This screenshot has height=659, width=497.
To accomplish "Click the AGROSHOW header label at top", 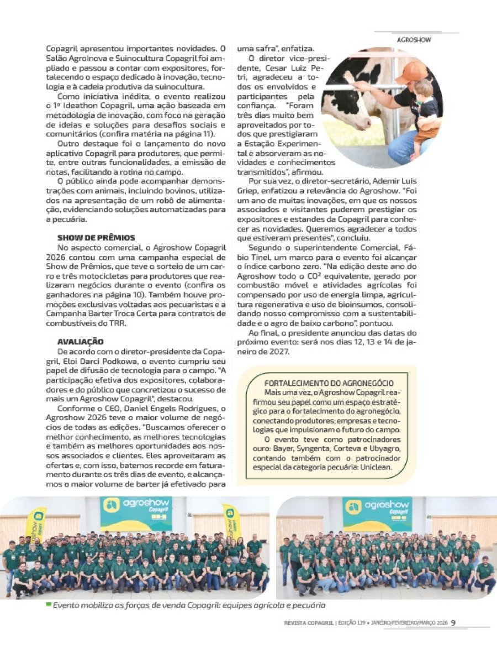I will (414, 40).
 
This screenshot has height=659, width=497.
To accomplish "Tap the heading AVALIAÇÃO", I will (80, 342).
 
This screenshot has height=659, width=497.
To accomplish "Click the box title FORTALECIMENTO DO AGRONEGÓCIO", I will (329, 383).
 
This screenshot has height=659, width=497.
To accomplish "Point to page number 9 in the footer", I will (453, 622).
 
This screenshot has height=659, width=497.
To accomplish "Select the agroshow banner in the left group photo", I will (136, 513).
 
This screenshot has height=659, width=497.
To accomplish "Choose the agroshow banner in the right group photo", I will (377, 513).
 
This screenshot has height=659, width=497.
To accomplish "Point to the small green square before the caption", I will (49, 604).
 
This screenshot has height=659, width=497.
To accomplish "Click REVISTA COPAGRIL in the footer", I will (305, 623).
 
